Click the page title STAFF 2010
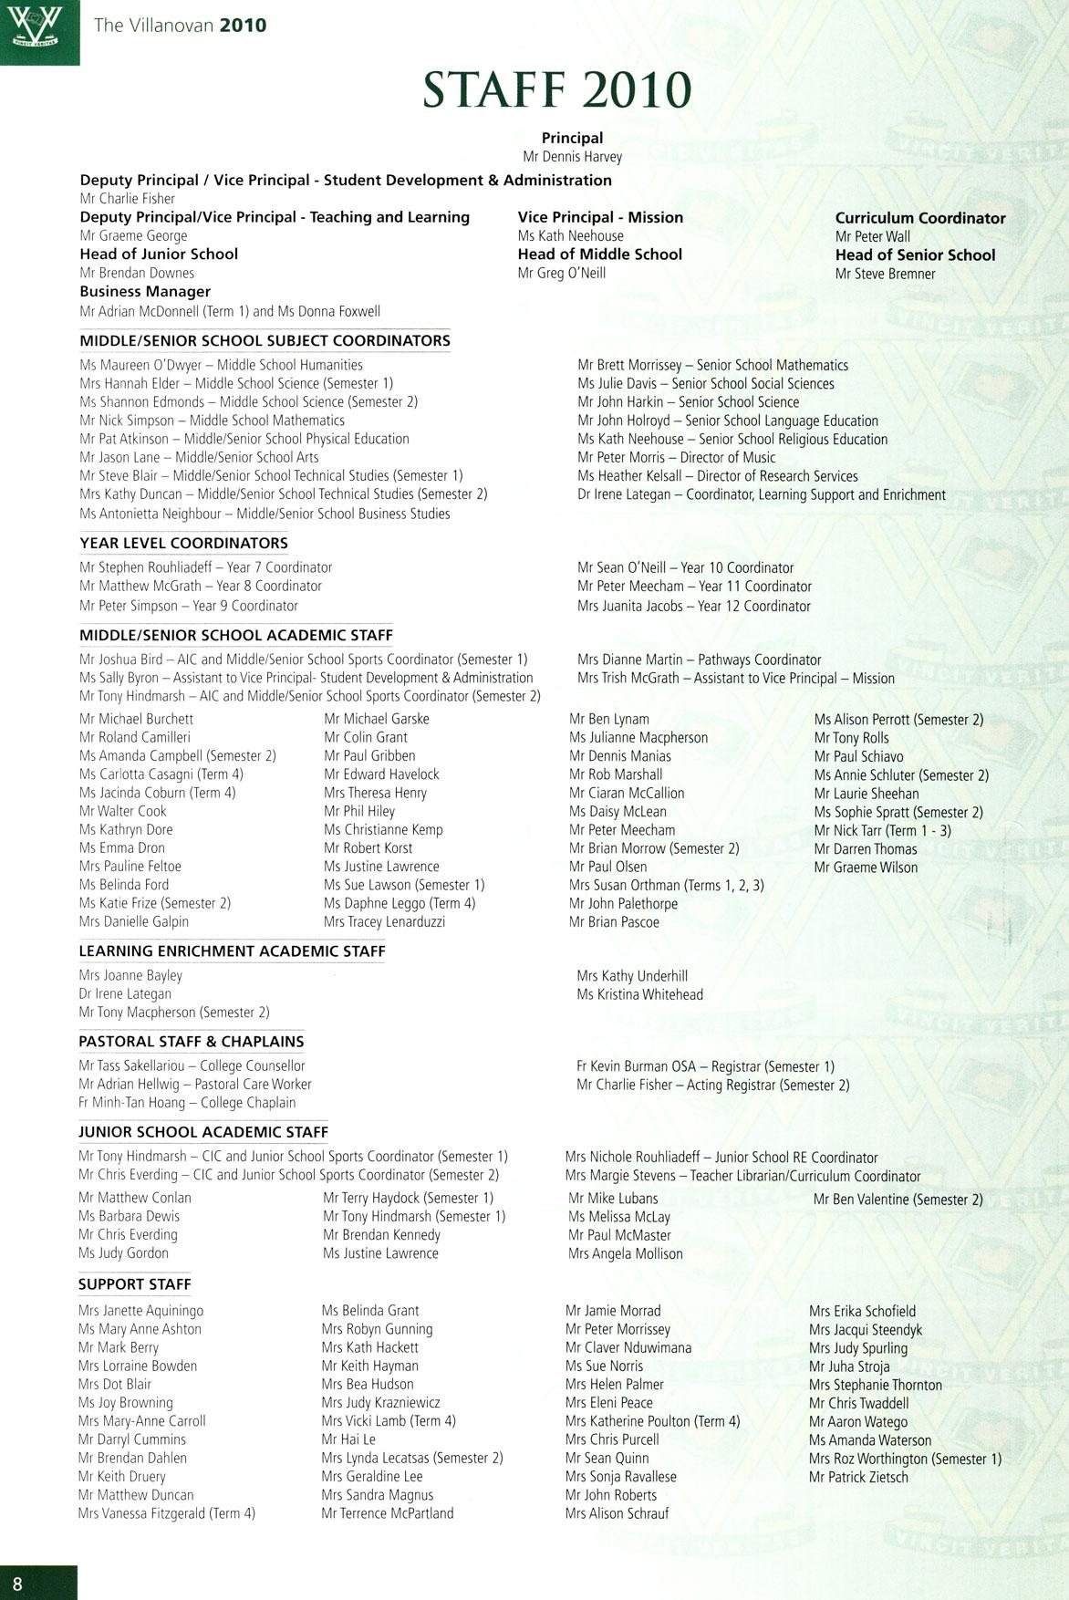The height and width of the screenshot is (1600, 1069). (557, 90)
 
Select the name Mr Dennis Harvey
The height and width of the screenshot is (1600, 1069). (572, 157)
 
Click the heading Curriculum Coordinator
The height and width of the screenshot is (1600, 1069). (920, 218)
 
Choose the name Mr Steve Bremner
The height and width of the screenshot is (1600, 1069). (885, 274)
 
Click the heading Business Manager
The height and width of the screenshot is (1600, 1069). (145, 292)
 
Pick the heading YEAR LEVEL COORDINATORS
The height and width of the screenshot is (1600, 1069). (183, 544)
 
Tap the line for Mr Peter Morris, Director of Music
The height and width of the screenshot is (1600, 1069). (676, 458)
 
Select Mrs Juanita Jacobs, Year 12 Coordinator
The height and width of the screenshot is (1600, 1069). (693, 606)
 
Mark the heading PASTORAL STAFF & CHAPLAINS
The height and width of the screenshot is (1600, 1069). (192, 1042)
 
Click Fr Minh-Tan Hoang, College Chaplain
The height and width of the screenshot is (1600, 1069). (187, 1103)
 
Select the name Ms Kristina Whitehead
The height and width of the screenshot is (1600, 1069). (639, 994)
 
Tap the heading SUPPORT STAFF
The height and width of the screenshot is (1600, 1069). (135, 1284)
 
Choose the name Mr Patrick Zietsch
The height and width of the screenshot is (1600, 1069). (858, 1477)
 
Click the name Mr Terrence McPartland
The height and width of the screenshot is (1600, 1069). (388, 1513)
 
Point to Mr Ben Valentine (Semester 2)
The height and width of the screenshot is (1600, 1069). (898, 1200)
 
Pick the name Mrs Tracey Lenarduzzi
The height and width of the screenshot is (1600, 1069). (384, 922)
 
